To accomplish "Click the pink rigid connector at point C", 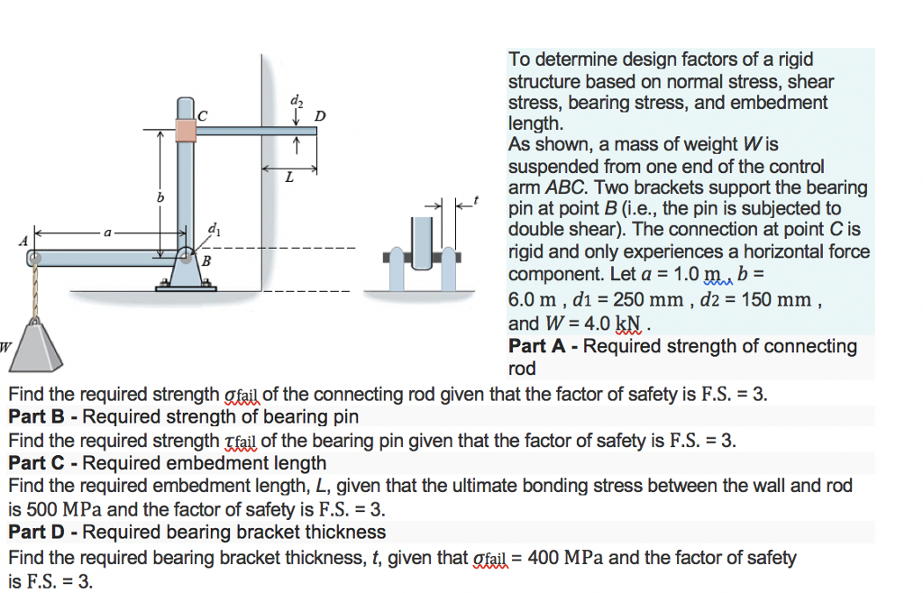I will [x=186, y=131].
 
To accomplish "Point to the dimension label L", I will [x=288, y=178].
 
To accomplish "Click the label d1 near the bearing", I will [x=213, y=230].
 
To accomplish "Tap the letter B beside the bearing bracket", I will [x=206, y=261].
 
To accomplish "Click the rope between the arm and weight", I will [x=35, y=293].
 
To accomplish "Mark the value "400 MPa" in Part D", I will [x=566, y=558].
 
